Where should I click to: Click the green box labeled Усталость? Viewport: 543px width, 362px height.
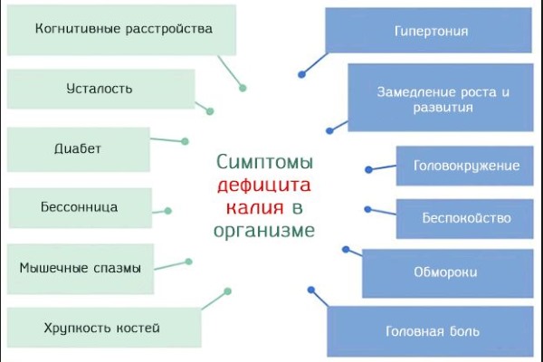100,89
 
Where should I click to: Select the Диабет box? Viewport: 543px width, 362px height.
78,148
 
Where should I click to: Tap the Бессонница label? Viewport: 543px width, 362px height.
80,207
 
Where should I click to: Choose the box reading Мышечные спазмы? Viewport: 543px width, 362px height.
80,267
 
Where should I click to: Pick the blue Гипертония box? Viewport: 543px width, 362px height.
431,31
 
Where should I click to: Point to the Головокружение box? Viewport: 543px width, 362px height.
466,166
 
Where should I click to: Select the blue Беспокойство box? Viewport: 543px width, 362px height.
466,218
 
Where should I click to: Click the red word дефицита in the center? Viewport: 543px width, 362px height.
264,186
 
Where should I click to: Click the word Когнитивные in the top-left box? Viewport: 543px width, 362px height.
76,29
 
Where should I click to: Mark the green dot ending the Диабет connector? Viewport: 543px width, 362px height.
186,141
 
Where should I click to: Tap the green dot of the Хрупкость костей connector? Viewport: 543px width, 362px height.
228,291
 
